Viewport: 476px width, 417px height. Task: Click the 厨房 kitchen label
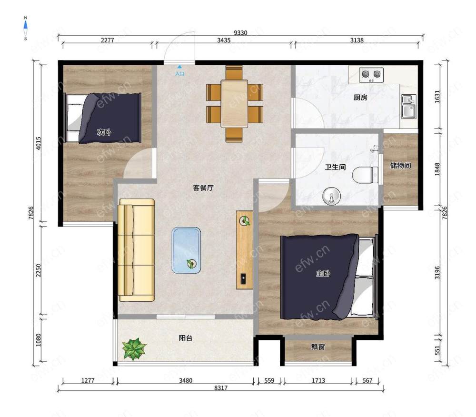coord(360,98)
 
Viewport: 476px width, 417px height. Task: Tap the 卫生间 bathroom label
coord(335,167)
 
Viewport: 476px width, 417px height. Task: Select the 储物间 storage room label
coord(400,165)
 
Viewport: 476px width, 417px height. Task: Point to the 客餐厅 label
coord(203,188)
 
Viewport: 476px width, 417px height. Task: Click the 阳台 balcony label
coord(186,338)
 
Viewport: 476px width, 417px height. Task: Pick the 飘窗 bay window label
coord(318,347)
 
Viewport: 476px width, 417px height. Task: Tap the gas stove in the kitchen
coord(371,75)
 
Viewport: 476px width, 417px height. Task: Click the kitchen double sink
coord(409,106)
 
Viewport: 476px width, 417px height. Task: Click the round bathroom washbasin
coord(331,196)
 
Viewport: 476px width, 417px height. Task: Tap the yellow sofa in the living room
coord(136,250)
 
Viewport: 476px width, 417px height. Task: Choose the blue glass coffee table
coord(186,250)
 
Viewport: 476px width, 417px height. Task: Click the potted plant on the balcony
coord(134,349)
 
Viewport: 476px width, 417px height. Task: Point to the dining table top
coord(234,103)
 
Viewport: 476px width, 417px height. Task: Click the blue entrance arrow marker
coord(180,67)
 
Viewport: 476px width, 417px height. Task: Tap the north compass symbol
coord(26,28)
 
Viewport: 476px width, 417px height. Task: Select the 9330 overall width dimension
coord(240,33)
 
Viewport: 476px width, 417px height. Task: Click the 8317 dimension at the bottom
coord(221,388)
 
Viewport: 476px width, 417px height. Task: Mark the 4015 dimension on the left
coord(38,143)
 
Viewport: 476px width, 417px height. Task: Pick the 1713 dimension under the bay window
coord(318,380)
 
